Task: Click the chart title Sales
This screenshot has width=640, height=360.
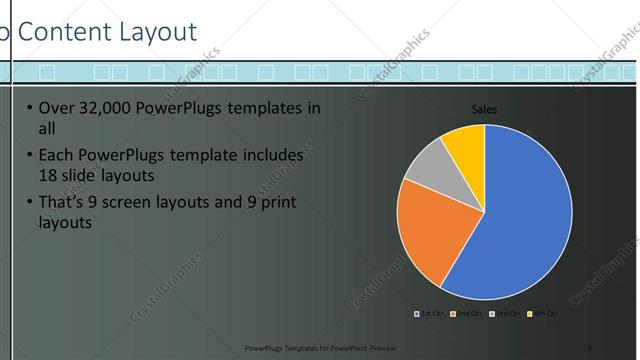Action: pyautogui.click(x=484, y=110)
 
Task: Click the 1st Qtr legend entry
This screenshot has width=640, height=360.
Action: pyautogui.click(x=429, y=314)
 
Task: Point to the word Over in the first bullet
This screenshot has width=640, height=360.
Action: pyautogui.click(x=56, y=109)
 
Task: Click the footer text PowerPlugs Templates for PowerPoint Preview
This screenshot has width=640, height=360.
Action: pyautogui.click(x=313, y=347)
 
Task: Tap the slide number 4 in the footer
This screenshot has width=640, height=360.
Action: pyautogui.click(x=590, y=347)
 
